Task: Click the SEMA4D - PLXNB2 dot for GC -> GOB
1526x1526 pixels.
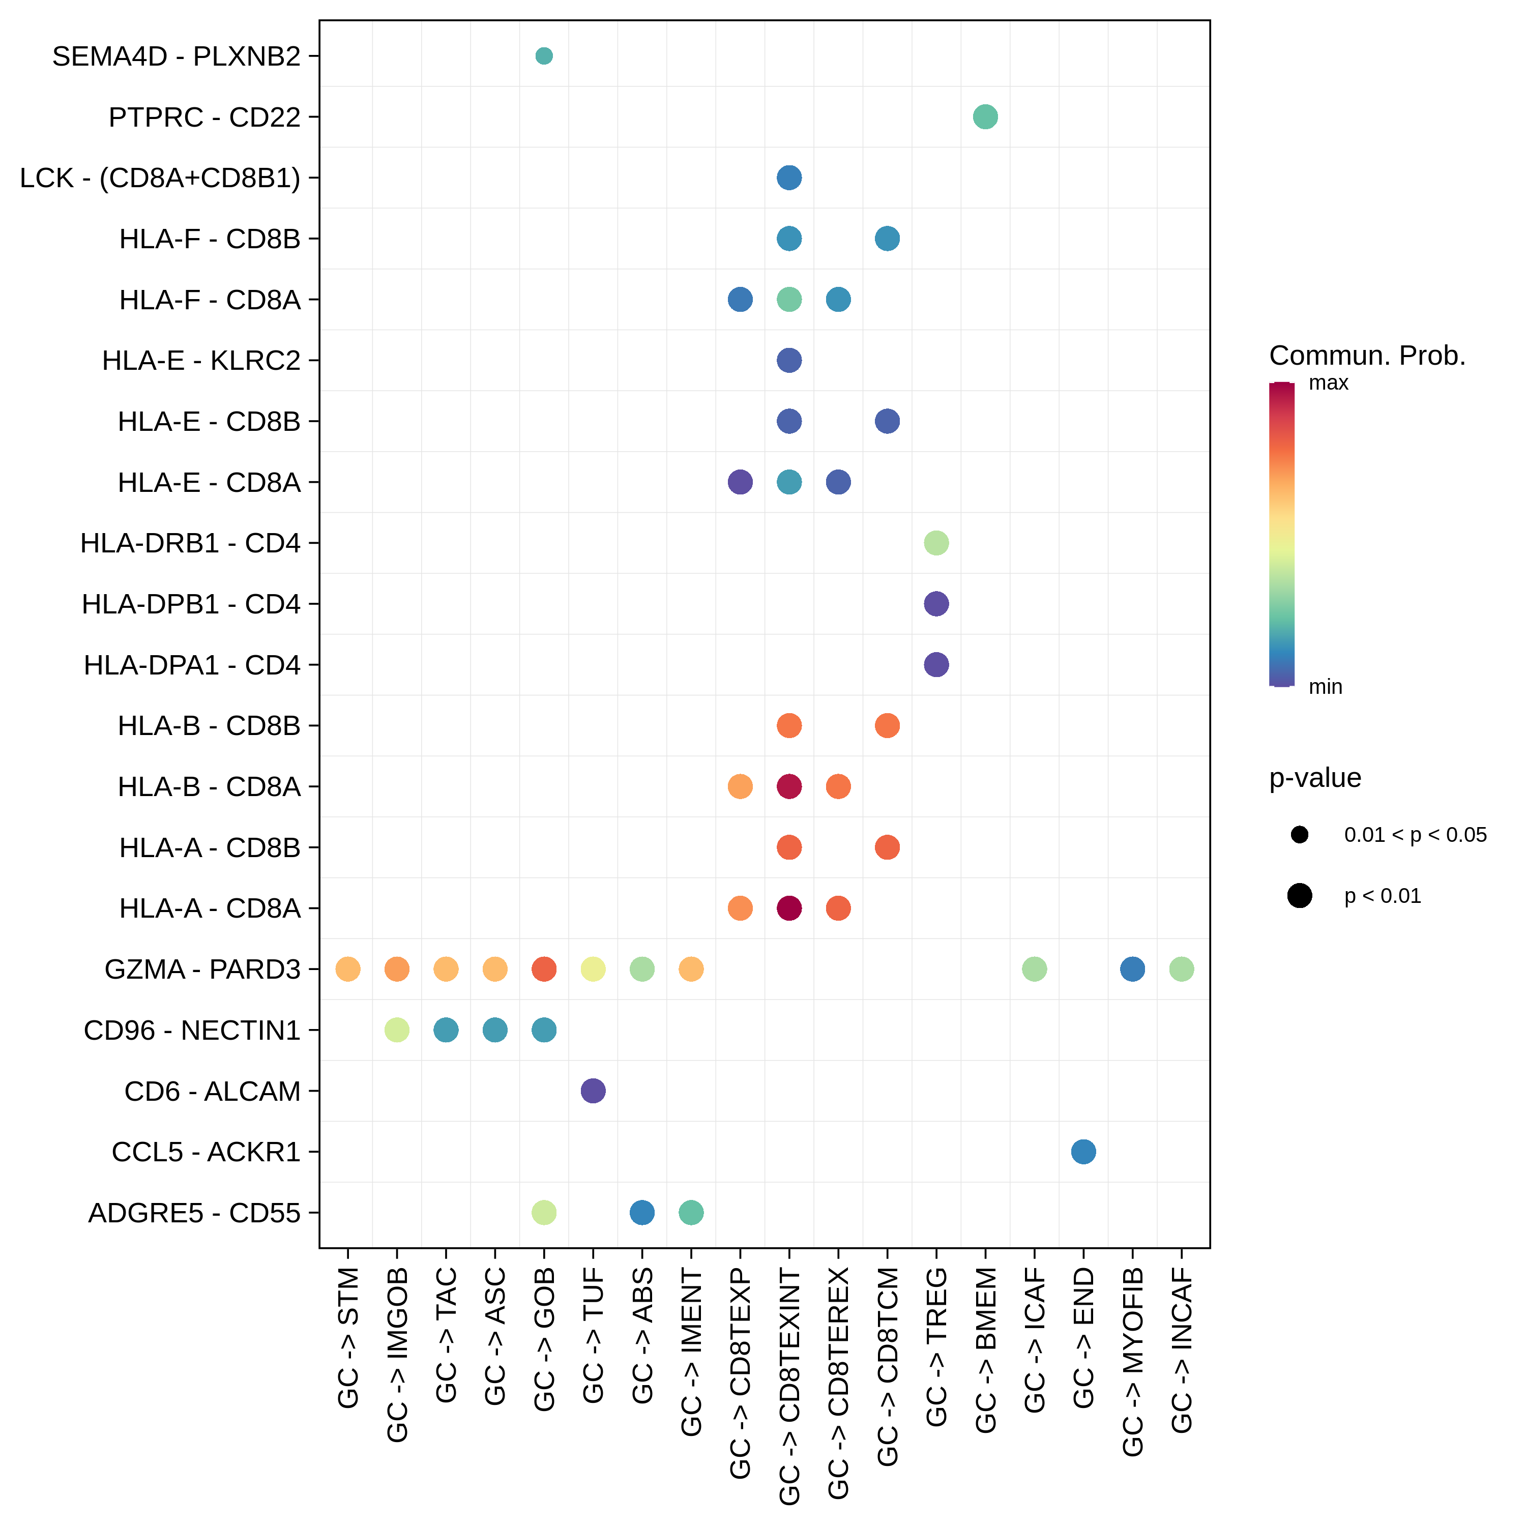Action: tap(543, 56)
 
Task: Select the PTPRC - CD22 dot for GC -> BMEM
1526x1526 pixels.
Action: tap(985, 117)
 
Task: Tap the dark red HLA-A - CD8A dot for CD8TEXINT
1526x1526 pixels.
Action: tap(789, 908)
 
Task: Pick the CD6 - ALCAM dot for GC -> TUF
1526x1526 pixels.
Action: tap(593, 1091)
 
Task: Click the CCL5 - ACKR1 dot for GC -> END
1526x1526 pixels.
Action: tap(1083, 1152)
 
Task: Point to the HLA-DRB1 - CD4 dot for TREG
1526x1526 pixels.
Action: tap(936, 543)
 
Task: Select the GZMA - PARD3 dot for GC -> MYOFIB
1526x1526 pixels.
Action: tap(1133, 969)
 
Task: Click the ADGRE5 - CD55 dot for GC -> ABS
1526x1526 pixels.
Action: tap(642, 1213)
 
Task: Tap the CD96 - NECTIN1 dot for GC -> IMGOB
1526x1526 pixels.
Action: tap(397, 1030)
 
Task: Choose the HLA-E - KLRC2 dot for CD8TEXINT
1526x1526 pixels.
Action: tap(789, 360)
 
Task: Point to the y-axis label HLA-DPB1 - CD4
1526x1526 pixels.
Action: tap(191, 604)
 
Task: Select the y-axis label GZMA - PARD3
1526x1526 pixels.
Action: tap(202, 969)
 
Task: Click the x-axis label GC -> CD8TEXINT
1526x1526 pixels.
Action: tap(789, 1386)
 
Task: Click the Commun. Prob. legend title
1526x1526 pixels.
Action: tap(1367, 356)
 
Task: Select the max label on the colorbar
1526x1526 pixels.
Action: tap(1329, 383)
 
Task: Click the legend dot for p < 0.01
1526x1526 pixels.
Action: tap(1299, 896)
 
